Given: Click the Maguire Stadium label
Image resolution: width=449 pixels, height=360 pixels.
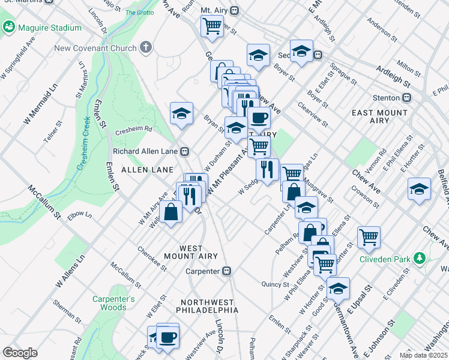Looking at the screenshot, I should coord(50,28).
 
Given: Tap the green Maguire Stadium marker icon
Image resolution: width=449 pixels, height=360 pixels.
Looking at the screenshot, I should coord(9,27).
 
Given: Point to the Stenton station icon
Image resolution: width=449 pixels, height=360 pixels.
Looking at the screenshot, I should coord(407,97).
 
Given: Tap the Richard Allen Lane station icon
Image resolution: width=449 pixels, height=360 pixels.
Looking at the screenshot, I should coord(186,151).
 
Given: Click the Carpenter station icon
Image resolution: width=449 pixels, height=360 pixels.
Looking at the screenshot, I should coord(227,271).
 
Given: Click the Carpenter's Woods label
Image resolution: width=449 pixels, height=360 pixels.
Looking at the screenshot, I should coord(113,303).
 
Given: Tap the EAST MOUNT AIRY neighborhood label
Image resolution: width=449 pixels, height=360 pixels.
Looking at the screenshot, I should coord(379,117).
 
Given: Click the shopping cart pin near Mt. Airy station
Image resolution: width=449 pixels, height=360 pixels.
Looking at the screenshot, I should coord(212,26).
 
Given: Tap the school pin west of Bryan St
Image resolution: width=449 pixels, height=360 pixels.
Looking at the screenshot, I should coord(181,113).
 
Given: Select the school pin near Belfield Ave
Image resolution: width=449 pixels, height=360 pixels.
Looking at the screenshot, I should coord(419,189).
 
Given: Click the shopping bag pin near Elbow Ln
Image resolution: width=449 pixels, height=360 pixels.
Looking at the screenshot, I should coord(171,212).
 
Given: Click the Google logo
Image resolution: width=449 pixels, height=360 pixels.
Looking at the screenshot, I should coord(20,352).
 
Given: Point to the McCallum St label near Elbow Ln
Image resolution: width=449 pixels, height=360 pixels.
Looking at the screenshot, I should coord(44,202).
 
